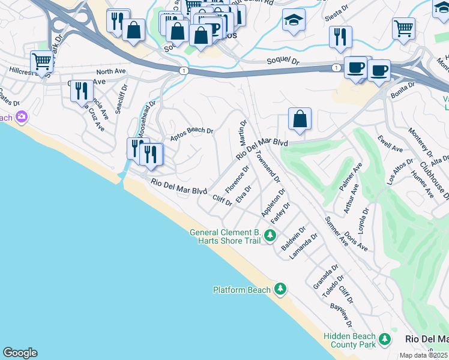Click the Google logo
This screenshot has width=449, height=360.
pyautogui.click(x=20, y=353)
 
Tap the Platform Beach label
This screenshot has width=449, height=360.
pyautogui.click(x=242, y=290)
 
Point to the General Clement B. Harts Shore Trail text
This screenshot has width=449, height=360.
pyautogui.click(x=225, y=236)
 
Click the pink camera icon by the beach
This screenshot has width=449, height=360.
pyautogui.click(x=22, y=116)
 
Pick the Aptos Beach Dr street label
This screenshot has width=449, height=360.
pyautogui.click(x=191, y=130)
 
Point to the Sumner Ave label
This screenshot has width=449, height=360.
pyautogui.click(x=336, y=232)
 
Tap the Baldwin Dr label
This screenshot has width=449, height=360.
pyautogui.click(x=294, y=238)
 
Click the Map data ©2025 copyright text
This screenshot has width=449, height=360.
pyautogui.click(x=424, y=355)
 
